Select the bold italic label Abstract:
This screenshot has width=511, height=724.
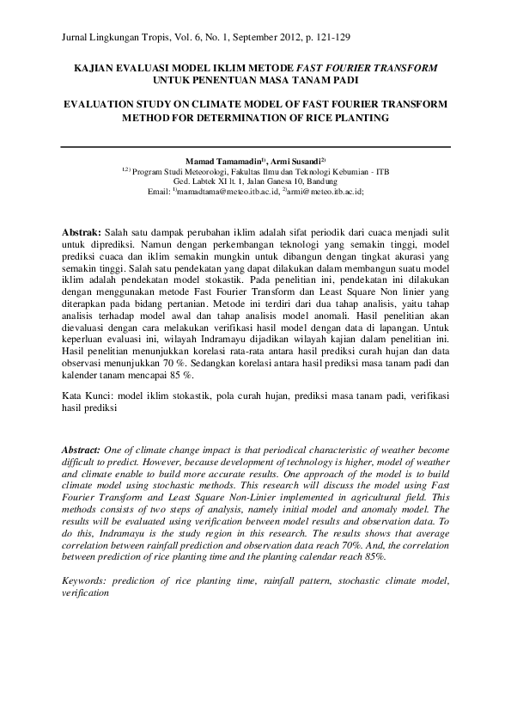click(83, 450)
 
